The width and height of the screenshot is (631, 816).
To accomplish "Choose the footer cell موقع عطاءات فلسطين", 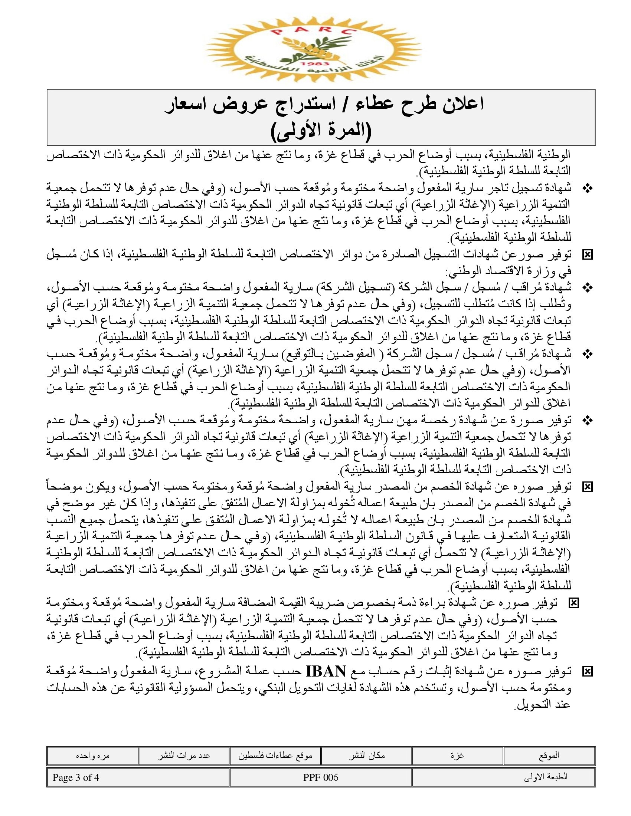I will tap(275, 756).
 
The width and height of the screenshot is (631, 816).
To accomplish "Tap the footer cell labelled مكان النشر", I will tap(367, 756).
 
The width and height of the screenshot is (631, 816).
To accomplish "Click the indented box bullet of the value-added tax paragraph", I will tap(573, 603).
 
